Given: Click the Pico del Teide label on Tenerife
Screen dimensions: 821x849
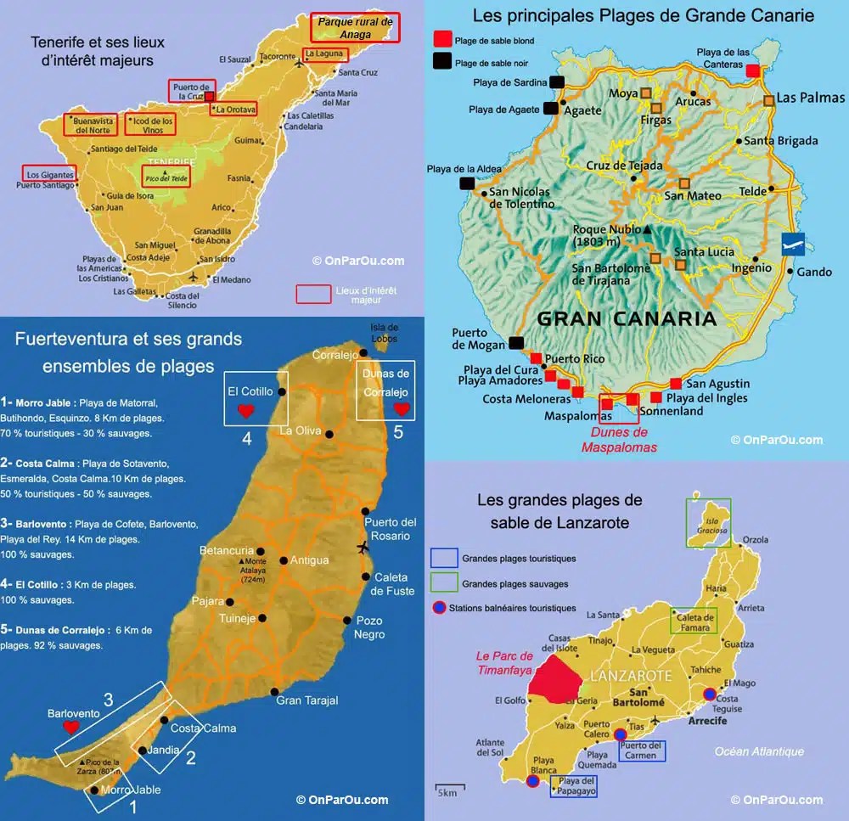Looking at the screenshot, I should tap(166, 177).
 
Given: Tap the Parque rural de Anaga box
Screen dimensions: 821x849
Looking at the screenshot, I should tap(355, 28).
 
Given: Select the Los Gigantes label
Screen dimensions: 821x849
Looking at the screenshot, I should tap(49, 174).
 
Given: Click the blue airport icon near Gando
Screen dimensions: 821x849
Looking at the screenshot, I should tap(792, 243).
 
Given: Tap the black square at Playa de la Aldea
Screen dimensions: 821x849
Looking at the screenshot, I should tap(467, 183).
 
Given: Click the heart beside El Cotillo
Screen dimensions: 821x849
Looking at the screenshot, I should tap(246, 411).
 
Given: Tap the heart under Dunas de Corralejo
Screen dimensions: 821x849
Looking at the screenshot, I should tap(402, 408).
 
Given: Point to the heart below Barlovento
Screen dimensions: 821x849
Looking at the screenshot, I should tap(71, 728).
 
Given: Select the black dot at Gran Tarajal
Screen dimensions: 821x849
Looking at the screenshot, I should tap(274, 690).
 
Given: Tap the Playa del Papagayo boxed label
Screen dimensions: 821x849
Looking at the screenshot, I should tap(575, 786).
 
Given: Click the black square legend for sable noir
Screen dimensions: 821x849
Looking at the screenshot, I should tap(442, 61).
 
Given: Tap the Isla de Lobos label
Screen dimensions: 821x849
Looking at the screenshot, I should tap(385, 332).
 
